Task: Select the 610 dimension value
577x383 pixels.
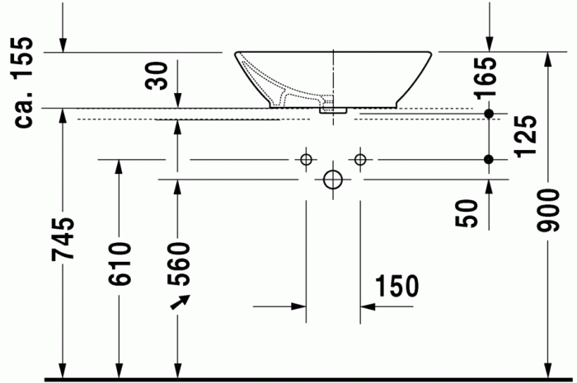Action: [120, 263]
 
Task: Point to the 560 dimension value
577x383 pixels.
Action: [177, 263]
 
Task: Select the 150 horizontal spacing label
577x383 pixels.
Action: [397, 286]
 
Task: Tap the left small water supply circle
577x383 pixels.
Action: [306, 159]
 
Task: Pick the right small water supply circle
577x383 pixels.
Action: [360, 159]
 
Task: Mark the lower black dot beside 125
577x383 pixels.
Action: [489, 159]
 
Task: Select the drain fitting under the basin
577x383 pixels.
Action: [333, 107]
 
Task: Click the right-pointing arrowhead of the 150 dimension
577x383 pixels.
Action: [298, 306]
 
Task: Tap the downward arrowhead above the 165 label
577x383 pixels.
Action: [490, 45]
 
